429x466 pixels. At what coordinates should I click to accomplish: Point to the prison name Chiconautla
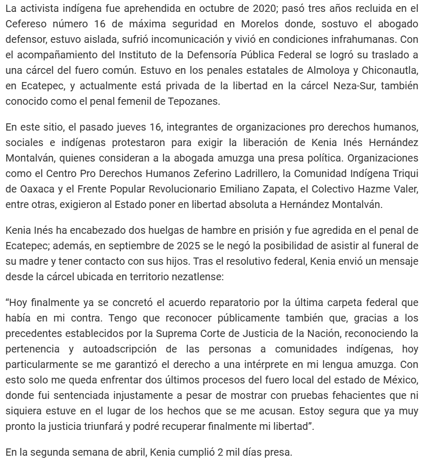click(394, 70)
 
